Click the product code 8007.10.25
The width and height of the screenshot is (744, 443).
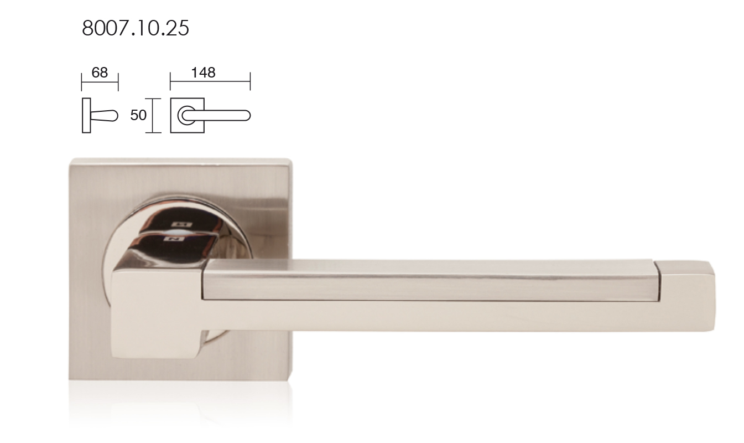[135, 28]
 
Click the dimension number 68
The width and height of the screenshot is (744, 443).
[100, 73]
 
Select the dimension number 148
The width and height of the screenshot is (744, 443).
[203, 73]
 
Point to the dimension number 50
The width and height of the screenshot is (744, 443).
[138, 115]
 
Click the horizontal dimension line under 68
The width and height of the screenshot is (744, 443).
[100, 82]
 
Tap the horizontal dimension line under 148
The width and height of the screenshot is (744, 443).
[210, 81]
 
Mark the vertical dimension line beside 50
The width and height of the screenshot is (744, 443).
[153, 116]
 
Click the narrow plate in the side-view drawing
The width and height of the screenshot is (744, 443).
[86, 115]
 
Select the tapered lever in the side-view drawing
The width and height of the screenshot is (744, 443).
[105, 116]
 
